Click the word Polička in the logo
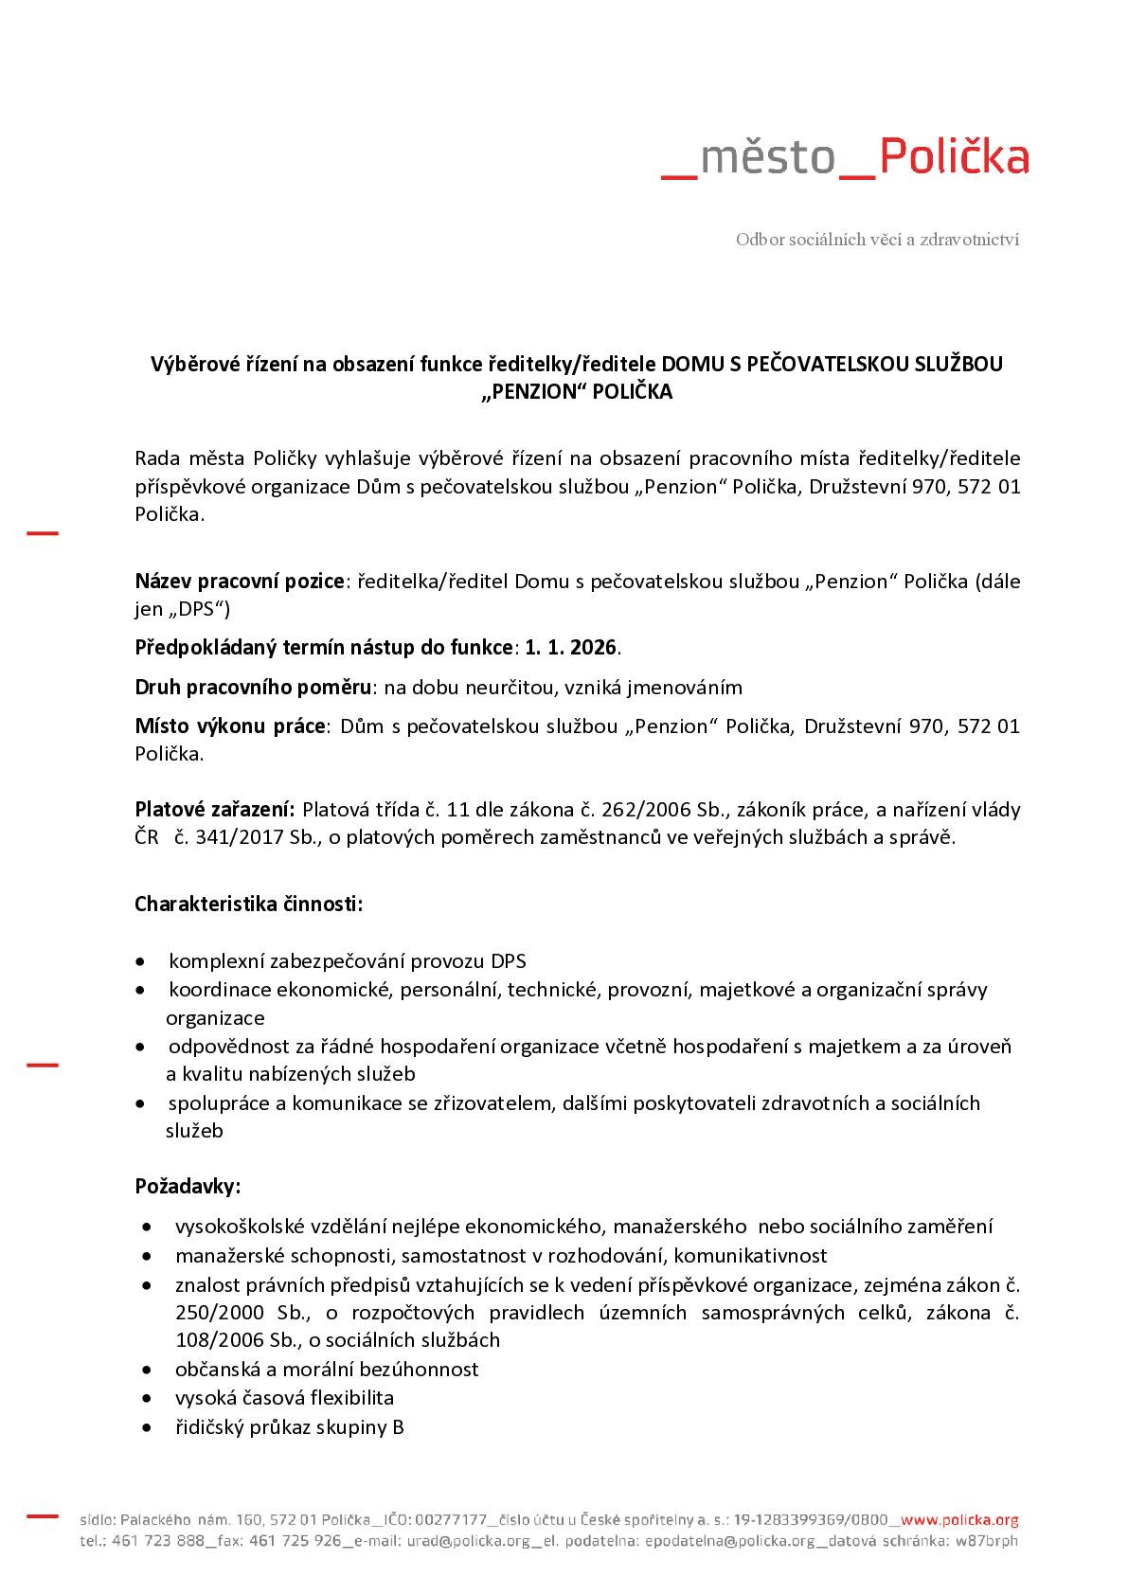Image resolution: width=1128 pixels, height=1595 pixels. point(954,157)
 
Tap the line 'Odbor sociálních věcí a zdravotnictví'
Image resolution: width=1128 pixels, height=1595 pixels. point(877,240)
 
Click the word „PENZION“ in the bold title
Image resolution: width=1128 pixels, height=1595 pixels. point(533,392)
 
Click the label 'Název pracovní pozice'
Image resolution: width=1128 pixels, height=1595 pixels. point(240,581)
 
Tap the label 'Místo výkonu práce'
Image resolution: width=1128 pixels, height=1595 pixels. point(229,726)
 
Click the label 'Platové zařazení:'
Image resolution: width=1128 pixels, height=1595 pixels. point(215,810)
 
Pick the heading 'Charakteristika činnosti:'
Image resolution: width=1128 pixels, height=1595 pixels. point(248,904)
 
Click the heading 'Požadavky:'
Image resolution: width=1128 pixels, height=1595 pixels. point(188,1186)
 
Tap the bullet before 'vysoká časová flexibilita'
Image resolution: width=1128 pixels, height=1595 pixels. point(147,1398)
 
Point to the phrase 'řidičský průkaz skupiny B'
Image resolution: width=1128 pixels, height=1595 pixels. point(289,1427)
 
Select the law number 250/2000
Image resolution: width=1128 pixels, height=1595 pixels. point(209,1313)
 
